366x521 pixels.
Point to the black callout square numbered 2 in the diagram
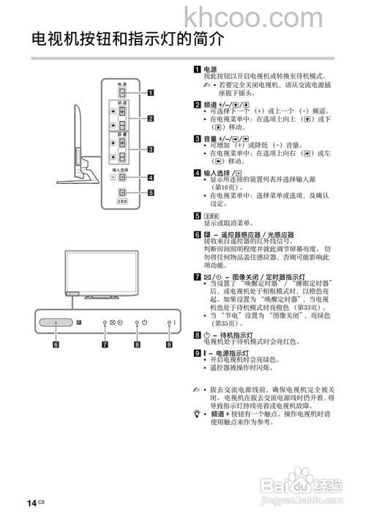tap(151, 119)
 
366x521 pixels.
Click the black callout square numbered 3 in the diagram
tap(151, 149)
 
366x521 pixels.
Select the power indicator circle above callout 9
tap(168, 322)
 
